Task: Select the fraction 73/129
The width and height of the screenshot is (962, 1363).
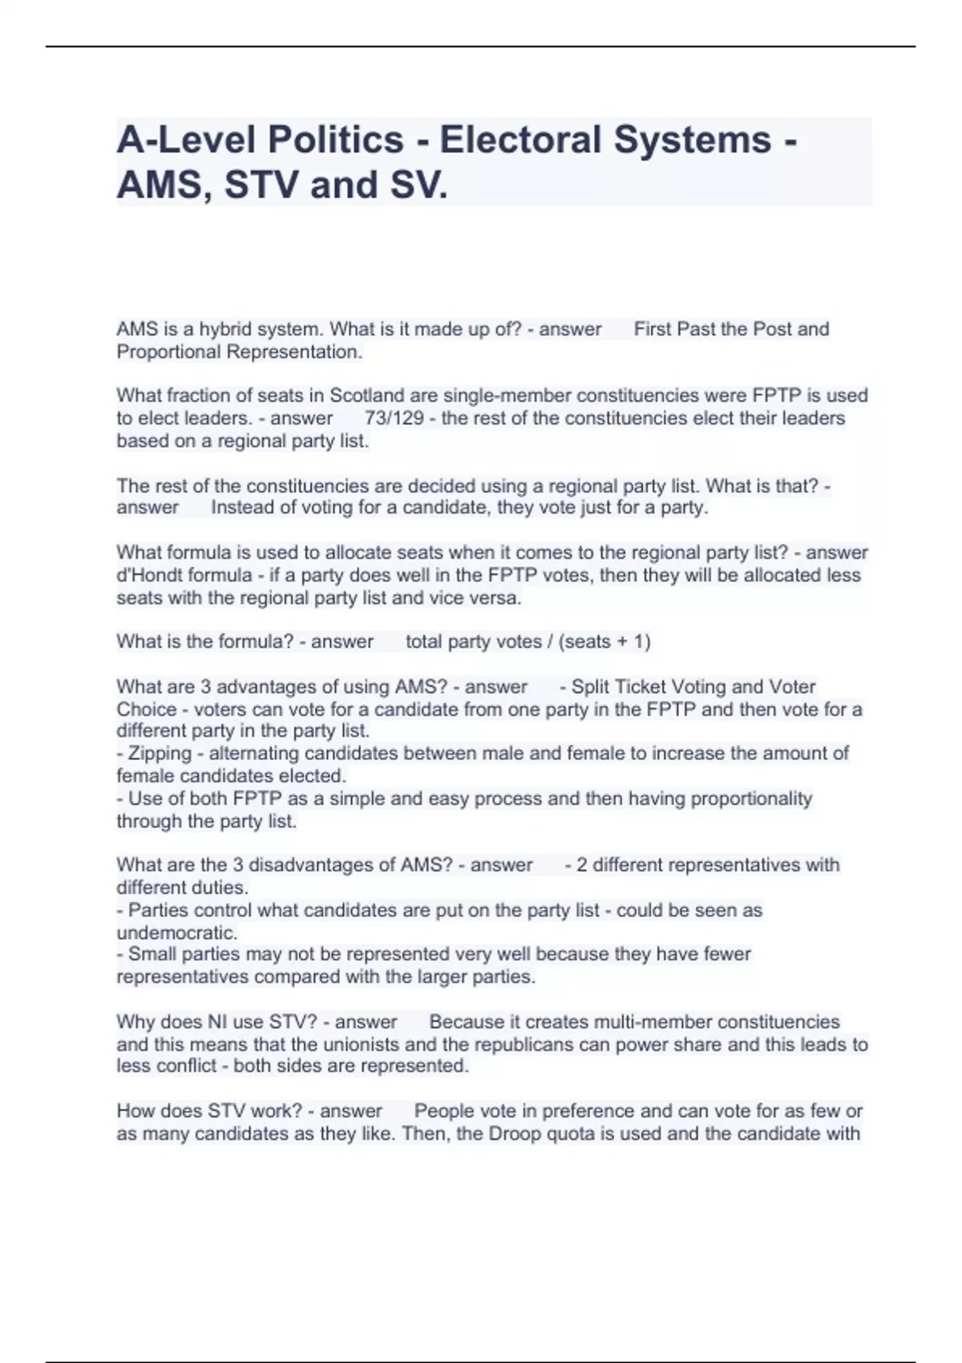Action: [394, 418]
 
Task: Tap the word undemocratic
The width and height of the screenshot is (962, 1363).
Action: [176, 933]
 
